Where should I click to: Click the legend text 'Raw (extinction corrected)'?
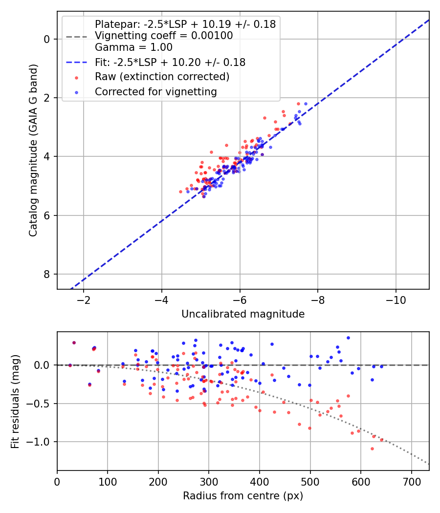162,77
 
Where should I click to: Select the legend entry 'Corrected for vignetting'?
156,91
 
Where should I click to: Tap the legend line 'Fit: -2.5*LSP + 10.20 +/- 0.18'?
170,62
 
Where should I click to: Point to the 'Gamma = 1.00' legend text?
133,47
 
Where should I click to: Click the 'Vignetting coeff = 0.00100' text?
164,36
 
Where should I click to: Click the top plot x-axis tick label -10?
396,300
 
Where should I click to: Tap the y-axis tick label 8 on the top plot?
47,274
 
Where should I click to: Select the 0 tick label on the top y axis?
47,39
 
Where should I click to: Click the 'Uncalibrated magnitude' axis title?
243,314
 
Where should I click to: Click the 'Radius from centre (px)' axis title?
243,496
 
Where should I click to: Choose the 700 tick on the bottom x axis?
411,482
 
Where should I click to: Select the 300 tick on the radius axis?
209,482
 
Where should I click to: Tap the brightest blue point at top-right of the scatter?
306,104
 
